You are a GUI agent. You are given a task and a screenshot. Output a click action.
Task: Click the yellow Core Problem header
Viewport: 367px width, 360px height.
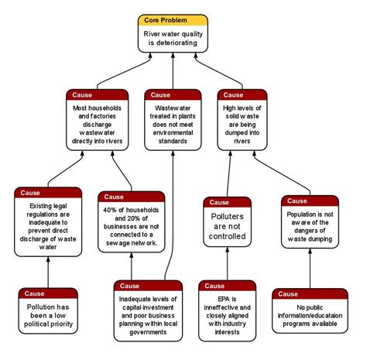coord(173,19)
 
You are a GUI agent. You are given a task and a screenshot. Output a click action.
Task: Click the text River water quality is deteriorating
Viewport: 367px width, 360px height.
coord(173,39)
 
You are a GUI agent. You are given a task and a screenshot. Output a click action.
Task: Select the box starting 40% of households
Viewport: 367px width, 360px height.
coord(132,228)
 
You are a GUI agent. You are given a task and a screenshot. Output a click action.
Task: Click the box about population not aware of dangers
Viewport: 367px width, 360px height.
coord(309,227)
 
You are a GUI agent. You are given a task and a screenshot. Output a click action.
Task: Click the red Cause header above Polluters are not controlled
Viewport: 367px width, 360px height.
coord(227,203)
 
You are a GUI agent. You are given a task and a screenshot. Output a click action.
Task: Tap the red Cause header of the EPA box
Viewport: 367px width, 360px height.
coord(227,286)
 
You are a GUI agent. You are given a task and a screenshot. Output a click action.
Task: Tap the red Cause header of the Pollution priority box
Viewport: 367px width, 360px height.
coord(49,293)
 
